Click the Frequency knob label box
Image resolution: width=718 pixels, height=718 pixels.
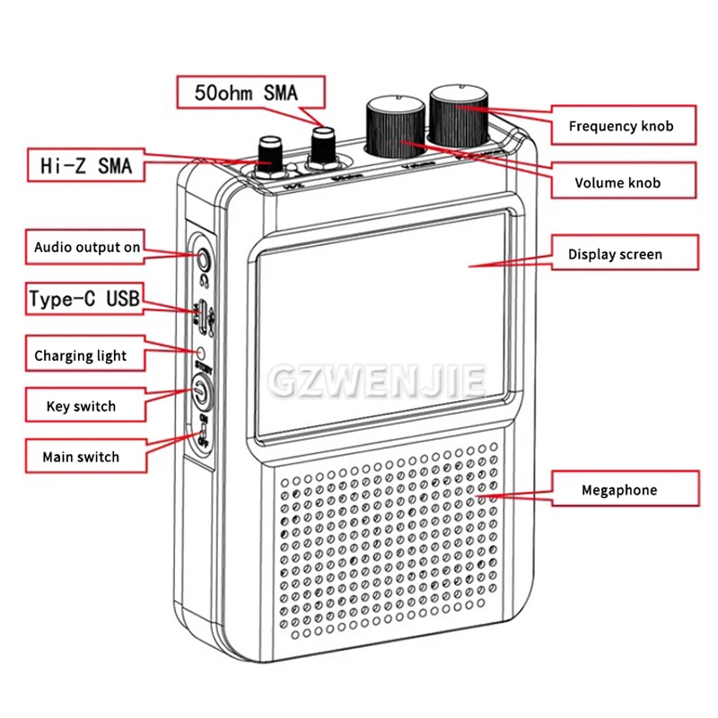click(620, 127)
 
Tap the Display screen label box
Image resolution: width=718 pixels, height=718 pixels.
click(616, 254)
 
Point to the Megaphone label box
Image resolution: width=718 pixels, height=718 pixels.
click(618, 490)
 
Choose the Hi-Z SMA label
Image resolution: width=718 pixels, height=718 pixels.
click(86, 165)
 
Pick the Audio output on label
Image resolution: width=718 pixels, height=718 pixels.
click(87, 247)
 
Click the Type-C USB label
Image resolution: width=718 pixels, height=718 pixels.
click(84, 299)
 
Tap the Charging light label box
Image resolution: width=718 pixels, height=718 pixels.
click(81, 355)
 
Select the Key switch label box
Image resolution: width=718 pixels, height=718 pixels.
click(81, 407)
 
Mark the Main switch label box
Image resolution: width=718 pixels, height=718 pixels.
click(81, 457)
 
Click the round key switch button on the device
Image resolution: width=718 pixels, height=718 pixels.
click(199, 391)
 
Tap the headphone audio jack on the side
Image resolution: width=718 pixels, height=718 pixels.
click(206, 260)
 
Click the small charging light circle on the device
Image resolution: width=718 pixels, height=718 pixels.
click(202, 353)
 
